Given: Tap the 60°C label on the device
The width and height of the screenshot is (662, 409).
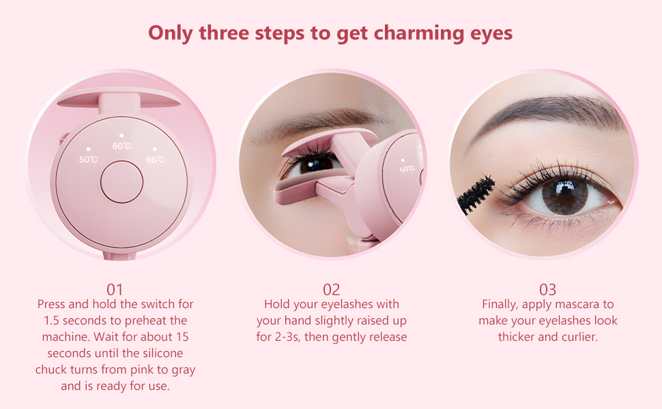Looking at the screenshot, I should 121,146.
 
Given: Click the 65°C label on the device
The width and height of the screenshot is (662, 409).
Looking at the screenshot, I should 156,160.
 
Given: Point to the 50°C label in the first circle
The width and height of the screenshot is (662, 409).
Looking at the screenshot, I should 88,160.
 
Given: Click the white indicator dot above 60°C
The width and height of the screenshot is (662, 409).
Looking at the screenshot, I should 121,136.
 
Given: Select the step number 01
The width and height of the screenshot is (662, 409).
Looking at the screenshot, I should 115,289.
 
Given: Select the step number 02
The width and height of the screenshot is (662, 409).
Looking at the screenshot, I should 332,289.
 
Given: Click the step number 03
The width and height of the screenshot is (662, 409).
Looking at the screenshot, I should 547,289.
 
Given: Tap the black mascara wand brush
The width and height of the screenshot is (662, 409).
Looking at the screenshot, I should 478,192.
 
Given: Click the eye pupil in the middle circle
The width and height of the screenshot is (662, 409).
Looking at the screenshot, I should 315,164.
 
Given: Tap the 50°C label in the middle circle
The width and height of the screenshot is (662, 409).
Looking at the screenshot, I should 407,168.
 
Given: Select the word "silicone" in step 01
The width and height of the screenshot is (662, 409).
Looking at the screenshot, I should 161,353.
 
